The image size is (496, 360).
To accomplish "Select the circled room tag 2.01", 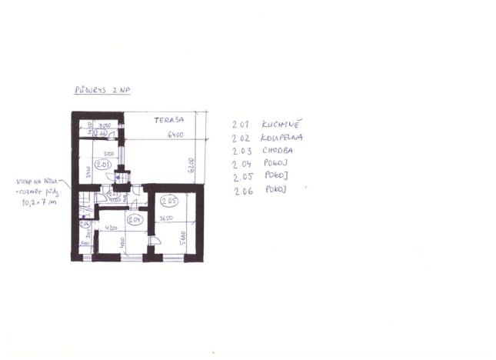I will (x=105, y=165).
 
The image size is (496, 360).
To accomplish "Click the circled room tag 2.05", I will (x=169, y=202).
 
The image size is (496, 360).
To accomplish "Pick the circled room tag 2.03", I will (x=113, y=194).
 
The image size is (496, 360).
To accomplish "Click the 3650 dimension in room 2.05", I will (x=165, y=220).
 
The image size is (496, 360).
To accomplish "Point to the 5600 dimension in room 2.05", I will (x=182, y=236).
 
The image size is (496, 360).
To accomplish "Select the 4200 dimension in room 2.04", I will (x=111, y=228).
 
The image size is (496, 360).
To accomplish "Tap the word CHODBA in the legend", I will (x=275, y=151).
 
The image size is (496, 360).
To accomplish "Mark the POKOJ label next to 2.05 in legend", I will (x=275, y=176).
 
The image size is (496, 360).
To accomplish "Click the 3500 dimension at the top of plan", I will (x=106, y=125).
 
